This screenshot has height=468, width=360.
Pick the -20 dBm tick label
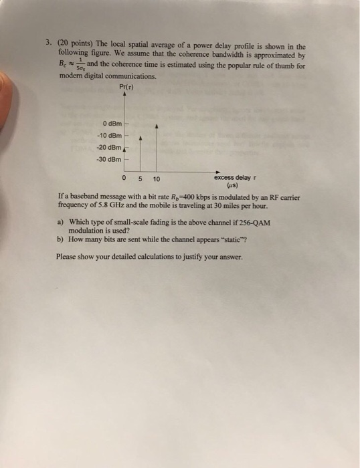point(110,147)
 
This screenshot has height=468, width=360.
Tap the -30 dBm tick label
point(110,159)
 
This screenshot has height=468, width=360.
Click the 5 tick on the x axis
point(141,179)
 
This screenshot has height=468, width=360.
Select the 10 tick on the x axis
point(156,179)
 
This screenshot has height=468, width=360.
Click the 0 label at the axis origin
point(126,179)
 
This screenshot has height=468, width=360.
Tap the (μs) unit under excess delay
point(234,186)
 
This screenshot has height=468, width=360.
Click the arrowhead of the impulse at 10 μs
point(157,125)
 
